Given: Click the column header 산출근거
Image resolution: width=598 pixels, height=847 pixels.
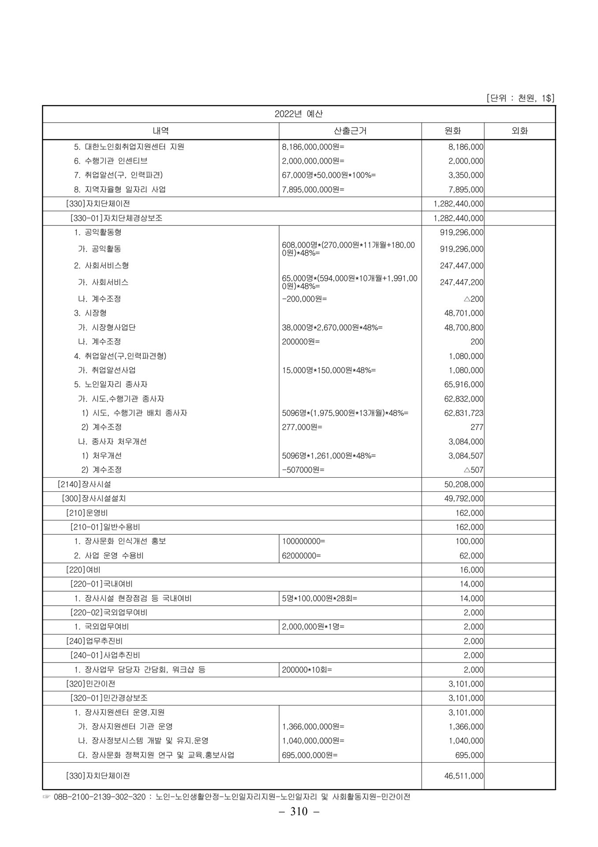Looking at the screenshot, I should click(350, 131).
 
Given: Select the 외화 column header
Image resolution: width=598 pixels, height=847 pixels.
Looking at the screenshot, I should click(520, 131).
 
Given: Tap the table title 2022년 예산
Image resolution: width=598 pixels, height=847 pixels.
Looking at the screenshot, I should click(299, 114).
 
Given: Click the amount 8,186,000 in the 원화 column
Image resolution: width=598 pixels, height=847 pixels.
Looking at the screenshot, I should click(466, 147).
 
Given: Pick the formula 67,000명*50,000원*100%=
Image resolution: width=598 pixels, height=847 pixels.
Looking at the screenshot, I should click(329, 175).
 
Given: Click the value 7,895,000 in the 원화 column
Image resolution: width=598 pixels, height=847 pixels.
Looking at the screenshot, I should click(466, 190).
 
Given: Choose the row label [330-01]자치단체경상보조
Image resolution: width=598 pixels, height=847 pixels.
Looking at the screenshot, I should click(116, 218).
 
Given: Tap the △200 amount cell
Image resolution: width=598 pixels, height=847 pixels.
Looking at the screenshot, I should click(473, 299).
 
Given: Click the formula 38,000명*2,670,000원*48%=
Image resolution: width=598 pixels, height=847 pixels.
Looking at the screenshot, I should click(332, 327).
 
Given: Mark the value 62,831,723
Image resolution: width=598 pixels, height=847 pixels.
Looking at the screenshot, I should click(463, 413).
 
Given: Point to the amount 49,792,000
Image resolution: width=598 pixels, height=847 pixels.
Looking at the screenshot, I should click(463, 498).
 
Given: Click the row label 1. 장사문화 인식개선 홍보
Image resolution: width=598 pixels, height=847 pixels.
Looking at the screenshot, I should click(120, 541).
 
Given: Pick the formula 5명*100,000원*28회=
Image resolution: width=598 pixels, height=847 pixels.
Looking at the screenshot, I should click(320, 598).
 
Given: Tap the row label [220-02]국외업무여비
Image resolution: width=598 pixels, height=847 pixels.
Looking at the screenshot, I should click(109, 612).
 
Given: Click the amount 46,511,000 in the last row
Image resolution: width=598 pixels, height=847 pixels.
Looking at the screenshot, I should click(463, 776).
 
